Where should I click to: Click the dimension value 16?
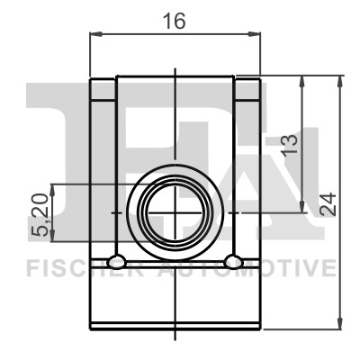pos(174,22)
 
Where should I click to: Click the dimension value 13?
pos(290,145)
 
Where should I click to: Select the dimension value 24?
pos(328,204)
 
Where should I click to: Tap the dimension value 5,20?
pos(40,215)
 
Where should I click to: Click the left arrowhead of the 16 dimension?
pos(96,34)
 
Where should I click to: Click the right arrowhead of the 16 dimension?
pos(255,34)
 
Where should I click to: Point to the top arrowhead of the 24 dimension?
pos(340,82)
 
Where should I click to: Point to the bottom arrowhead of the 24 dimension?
pos(340,323)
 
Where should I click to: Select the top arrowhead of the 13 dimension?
pos(302,82)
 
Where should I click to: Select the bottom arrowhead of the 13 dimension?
pos(302,206)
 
